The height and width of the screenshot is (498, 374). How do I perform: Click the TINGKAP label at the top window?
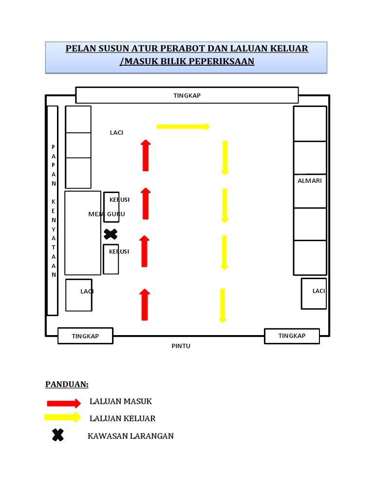click(187, 95)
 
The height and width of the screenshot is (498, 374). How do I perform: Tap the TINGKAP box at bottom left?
click(85, 336)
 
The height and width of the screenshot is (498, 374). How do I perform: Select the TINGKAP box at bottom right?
click(292, 336)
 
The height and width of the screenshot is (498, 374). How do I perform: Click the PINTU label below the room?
click(181, 346)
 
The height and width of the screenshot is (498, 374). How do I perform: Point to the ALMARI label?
click(310, 181)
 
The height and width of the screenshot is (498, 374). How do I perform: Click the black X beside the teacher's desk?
click(111, 234)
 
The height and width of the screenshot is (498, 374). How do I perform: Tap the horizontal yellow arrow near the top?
click(183, 126)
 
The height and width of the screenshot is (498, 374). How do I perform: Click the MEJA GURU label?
click(107, 214)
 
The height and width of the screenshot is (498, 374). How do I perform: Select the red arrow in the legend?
click(63, 403)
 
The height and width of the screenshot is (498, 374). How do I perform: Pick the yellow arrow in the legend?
click(62, 417)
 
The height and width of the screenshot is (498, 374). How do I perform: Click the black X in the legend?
click(57, 435)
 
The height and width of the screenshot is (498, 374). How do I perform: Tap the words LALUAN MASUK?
click(121, 402)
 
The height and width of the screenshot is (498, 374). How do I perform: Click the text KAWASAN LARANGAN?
click(131, 436)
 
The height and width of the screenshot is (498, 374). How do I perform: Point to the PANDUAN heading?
click(67, 384)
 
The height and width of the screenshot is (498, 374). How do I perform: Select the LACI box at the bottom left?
click(79, 295)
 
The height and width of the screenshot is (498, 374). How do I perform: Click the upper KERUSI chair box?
click(111, 207)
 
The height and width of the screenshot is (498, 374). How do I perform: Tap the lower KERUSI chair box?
click(111, 259)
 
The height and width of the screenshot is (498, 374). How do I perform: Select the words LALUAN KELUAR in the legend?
click(122, 419)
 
